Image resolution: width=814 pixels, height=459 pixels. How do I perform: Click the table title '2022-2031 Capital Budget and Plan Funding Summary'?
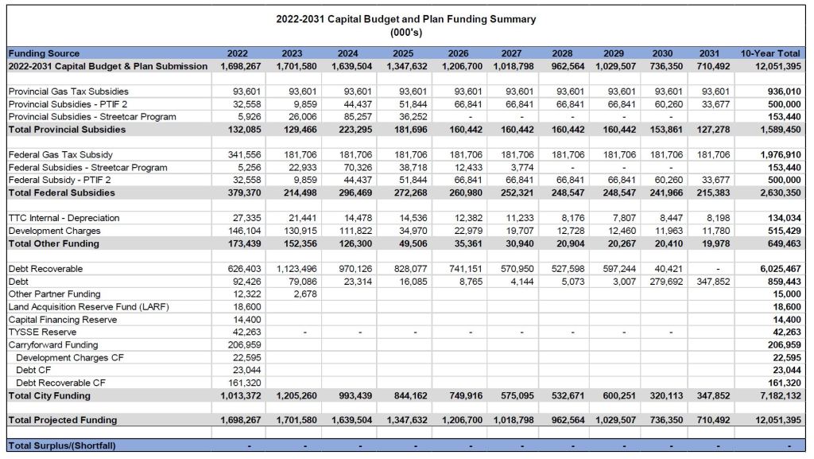coord(405,19)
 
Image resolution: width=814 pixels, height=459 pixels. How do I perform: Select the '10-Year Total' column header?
coord(770,53)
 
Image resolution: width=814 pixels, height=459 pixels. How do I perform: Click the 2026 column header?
coord(459,53)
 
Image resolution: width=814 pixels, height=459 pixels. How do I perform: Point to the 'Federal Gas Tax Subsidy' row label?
coord(60,154)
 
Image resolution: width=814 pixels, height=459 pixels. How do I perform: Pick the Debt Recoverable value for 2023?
coord(297,269)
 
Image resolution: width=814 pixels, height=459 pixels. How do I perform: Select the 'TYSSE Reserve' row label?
coord(42,333)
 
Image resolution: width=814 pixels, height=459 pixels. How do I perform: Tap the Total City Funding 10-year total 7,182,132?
coord(779,395)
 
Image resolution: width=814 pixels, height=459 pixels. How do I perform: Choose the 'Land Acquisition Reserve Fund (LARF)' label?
coord(88,307)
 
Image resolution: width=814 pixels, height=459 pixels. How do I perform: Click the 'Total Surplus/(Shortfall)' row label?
coord(61,445)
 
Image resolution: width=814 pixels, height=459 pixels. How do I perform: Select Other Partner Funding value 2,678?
coord(304,294)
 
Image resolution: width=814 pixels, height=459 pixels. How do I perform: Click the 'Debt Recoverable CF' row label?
coord(60,383)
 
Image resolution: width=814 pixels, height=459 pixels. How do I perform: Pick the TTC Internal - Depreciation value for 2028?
coord(572,218)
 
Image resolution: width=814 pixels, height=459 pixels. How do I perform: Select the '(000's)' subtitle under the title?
coord(405,33)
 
